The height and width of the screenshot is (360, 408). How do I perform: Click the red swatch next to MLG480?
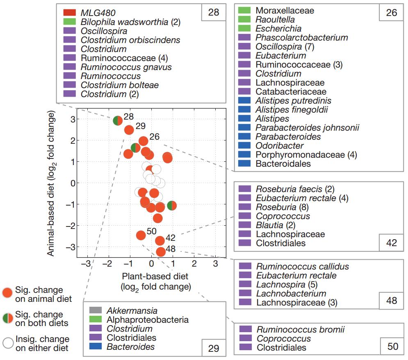(69, 13)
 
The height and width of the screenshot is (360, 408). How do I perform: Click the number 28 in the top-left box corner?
(214, 12)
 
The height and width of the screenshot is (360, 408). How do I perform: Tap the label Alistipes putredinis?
(293, 101)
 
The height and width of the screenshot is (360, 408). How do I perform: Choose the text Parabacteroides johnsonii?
(307, 128)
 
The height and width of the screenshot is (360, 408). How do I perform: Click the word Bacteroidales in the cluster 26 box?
(283, 164)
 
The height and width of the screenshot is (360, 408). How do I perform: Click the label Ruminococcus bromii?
(300, 329)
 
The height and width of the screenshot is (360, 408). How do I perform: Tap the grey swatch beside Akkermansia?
(96, 310)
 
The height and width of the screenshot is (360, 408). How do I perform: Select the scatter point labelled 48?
(161, 252)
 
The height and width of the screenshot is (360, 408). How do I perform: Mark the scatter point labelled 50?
(141, 235)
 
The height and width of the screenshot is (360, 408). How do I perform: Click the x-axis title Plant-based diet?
(156, 276)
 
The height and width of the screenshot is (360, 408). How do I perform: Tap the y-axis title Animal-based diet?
(51, 182)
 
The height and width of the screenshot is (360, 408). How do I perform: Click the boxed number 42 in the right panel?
(392, 242)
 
